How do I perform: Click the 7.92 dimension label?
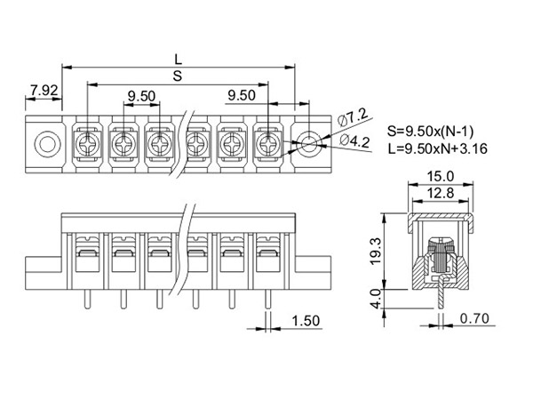coord(44,91)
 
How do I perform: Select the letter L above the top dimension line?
coord(179,60)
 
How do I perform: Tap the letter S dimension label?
coord(178,76)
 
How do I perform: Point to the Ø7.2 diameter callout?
coord(353,117)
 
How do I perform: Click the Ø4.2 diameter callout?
coord(354,140)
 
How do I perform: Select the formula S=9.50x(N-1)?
coord(430,131)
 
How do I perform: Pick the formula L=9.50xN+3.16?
coord(437,148)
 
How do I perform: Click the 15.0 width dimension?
coord(441,177)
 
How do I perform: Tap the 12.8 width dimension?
coord(441,193)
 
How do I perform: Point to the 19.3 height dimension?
coord(376,251)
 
